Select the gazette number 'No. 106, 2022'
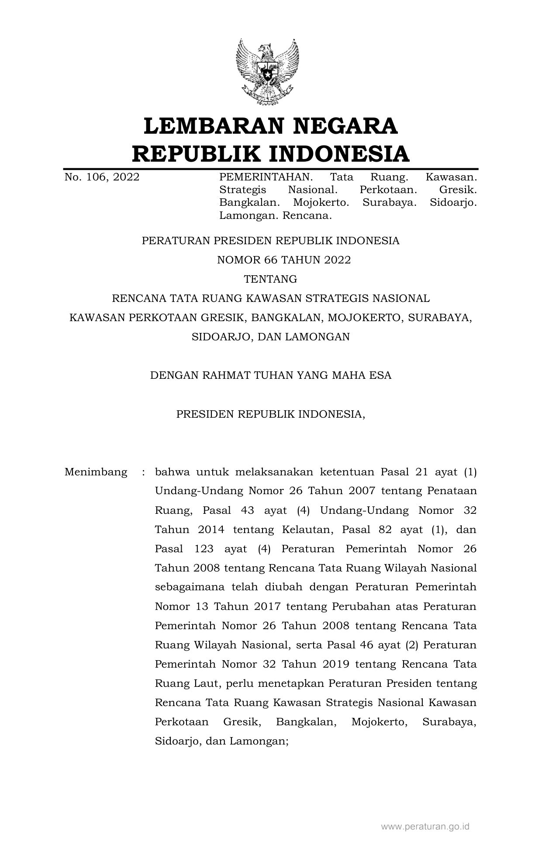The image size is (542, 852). tap(102, 177)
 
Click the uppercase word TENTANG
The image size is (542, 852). tap(270, 279)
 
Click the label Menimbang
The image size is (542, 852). tap(96, 472)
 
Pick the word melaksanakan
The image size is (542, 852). tap(274, 472)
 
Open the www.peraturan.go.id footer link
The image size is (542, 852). tap(425, 827)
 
